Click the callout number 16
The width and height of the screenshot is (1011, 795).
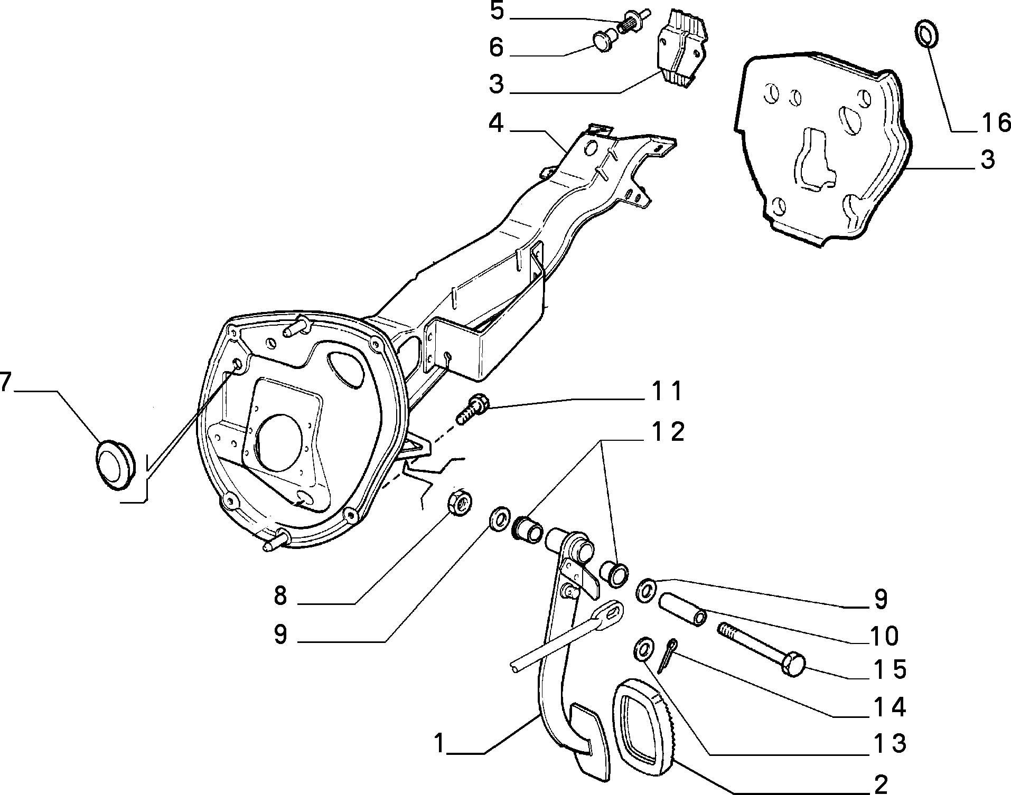[x=996, y=123]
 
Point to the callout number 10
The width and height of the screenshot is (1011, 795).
[x=883, y=636]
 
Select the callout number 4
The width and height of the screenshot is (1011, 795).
[x=496, y=124]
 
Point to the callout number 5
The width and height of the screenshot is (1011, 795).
[x=497, y=12]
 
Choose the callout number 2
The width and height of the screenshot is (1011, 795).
[x=881, y=784]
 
